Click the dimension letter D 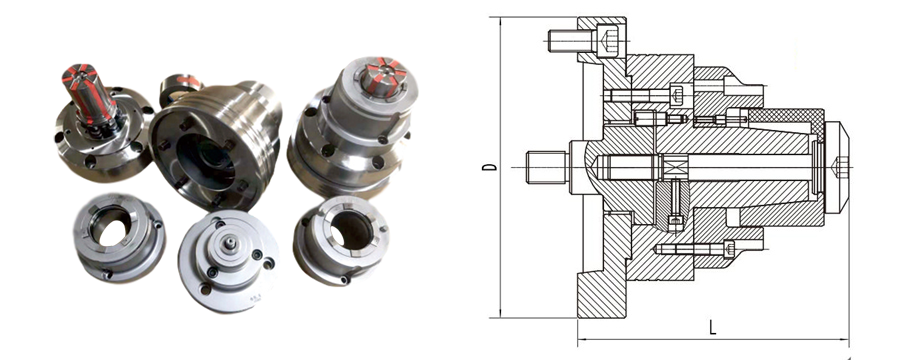click(x=489, y=167)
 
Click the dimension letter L click(x=712, y=327)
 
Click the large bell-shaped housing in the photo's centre click(x=215, y=144)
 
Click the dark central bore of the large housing click(x=205, y=162)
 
